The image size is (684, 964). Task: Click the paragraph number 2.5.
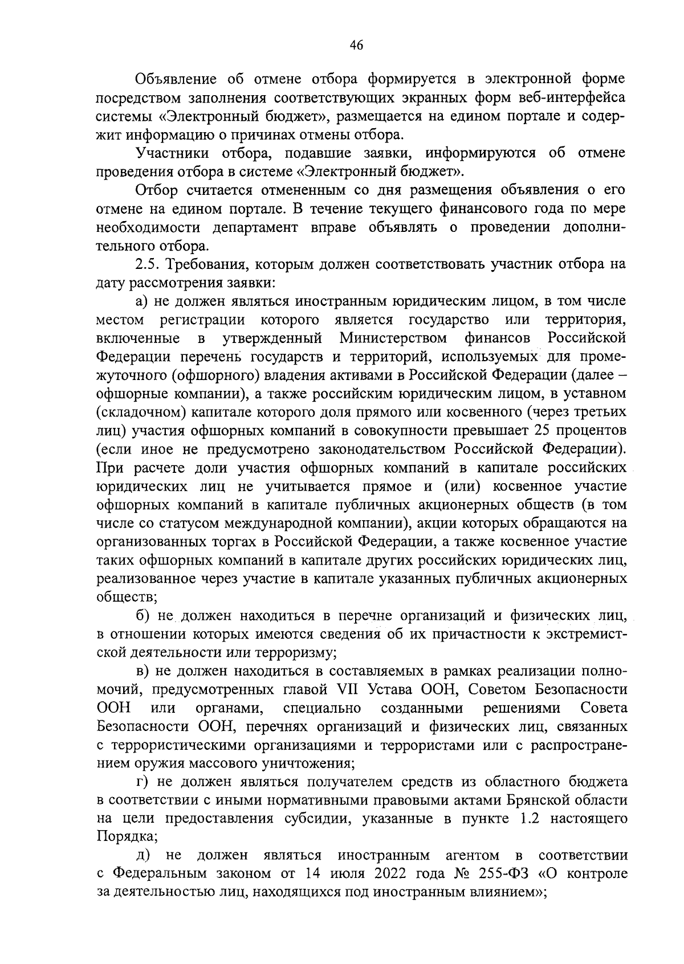pyautogui.click(x=148, y=265)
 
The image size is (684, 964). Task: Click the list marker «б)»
pyautogui.click(x=142, y=616)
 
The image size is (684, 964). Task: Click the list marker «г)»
pyautogui.click(x=141, y=782)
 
